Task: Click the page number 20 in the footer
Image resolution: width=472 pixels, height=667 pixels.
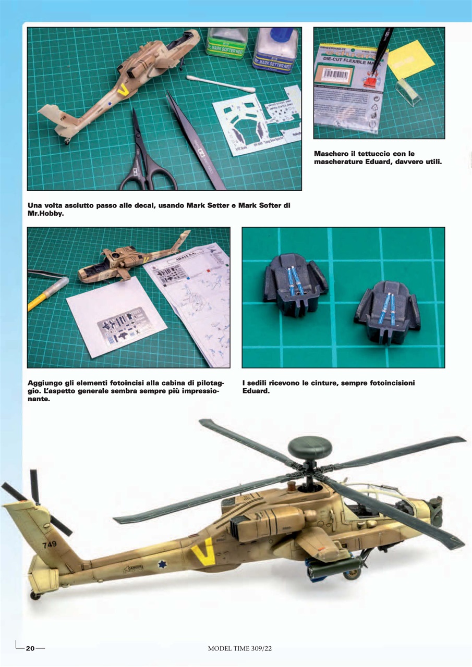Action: click(x=30, y=648)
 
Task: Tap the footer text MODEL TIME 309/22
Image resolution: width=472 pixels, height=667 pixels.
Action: click(x=240, y=648)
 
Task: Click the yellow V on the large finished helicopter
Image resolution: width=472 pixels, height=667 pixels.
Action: click(x=203, y=552)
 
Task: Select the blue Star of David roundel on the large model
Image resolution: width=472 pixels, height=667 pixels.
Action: click(x=162, y=564)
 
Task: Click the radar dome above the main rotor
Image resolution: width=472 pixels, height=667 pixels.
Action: click(x=310, y=446)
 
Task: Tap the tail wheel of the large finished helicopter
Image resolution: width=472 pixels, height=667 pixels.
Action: click(x=35, y=595)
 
